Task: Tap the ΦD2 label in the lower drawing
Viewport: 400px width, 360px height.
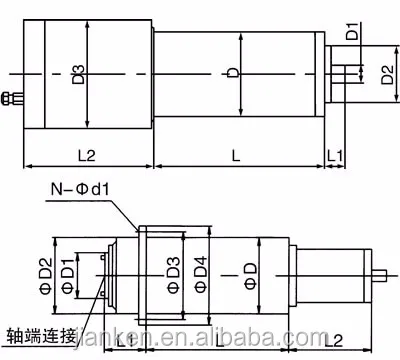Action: click(x=45, y=271)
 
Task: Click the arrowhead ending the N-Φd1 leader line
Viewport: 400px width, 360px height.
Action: click(x=136, y=228)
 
